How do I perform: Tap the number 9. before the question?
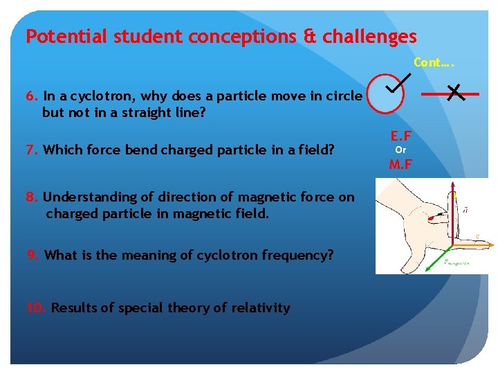(x=33, y=255)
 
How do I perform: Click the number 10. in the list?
(x=36, y=308)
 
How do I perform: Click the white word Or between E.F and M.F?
(x=400, y=150)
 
